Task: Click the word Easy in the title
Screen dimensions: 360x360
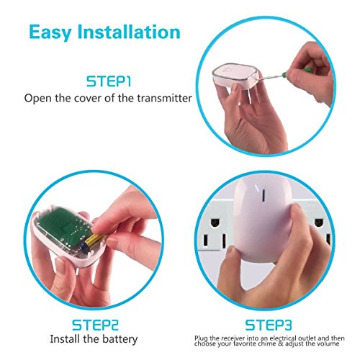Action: [x=50, y=32]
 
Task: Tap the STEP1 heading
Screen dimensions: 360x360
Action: [x=109, y=81]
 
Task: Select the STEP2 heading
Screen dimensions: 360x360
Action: [x=95, y=325]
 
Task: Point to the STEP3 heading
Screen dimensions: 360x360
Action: [x=269, y=325]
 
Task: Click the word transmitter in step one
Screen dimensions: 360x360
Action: [x=164, y=98]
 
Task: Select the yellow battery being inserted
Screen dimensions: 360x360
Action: [x=95, y=240]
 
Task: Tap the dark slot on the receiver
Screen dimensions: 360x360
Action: [x=264, y=195]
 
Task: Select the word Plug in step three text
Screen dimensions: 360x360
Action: [x=201, y=338]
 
